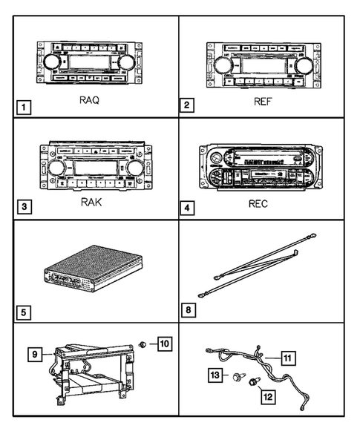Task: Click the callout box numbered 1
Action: coord(25,106)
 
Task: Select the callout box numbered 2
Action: coord(189,105)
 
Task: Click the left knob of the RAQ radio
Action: coord(52,62)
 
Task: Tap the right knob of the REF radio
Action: coord(306,66)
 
